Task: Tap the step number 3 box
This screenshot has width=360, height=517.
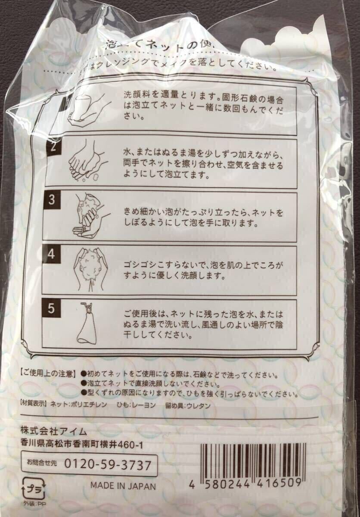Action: pos(52,201)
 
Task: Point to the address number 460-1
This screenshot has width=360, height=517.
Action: pos(137,443)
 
